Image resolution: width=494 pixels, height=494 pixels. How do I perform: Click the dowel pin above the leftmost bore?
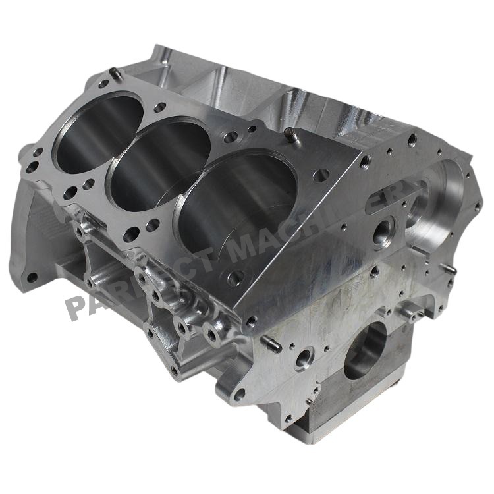[116, 74]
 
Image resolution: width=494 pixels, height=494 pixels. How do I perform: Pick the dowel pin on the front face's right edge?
[450, 269]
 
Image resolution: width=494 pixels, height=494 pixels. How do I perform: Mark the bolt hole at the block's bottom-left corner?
[30, 277]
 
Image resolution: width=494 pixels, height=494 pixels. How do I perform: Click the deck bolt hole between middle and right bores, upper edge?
[231, 137]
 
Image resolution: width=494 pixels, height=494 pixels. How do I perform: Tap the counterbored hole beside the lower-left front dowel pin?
[303, 359]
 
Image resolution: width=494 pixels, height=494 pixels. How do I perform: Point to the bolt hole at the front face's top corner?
[412, 140]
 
